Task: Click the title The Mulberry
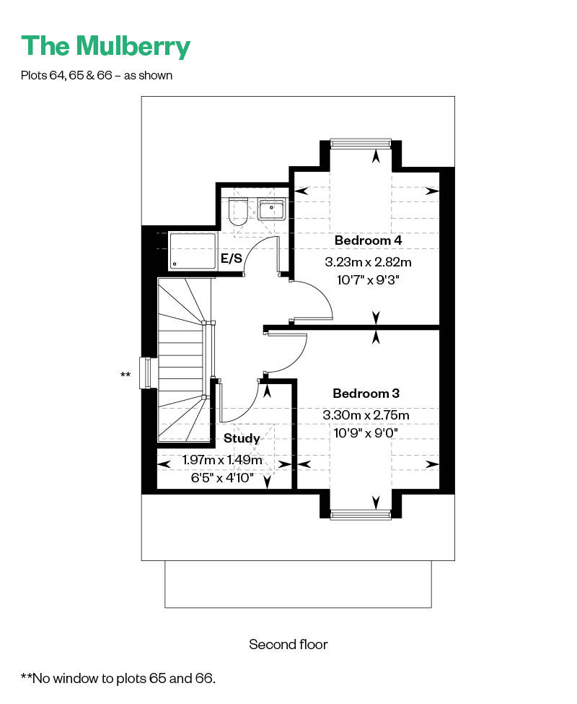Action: pos(106,46)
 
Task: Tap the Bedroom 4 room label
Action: pos(368,240)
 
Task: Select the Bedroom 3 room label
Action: pos(366,394)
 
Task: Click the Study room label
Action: pos(242,438)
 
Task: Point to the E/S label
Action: pos(232,258)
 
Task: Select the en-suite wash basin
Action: pos(270,209)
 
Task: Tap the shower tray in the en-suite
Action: pos(193,251)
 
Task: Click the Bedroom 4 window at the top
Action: pos(361,143)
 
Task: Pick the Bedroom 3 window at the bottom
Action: pos(361,515)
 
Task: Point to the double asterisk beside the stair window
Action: pos(125,375)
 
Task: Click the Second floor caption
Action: pos(288,645)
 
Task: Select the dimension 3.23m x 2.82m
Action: pos(368,262)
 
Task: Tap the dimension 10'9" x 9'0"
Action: pos(366,433)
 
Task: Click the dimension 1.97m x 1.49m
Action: pos(222,460)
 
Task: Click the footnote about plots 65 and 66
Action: pos(118,678)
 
